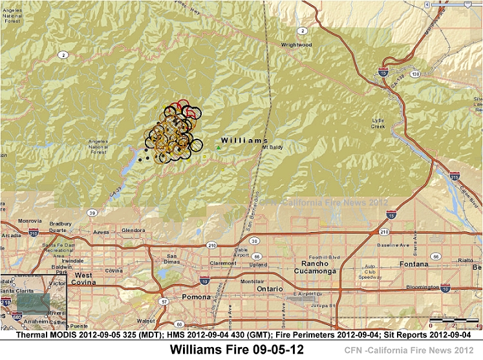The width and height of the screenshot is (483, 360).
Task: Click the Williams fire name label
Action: click(244, 140)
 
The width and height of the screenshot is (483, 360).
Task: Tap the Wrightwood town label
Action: click(296, 45)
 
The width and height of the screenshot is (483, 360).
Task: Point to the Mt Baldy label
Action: click(273, 147)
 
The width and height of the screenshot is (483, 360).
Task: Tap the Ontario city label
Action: click(270, 289)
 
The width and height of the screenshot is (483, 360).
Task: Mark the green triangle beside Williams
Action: click(219, 148)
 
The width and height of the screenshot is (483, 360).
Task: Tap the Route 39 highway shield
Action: click(93, 212)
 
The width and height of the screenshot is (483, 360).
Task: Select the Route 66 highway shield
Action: click(436, 256)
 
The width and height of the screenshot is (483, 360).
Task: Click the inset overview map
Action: click(34, 302)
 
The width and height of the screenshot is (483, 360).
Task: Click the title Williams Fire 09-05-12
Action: click(236, 350)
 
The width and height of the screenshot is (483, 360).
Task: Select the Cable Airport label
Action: click(241, 253)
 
